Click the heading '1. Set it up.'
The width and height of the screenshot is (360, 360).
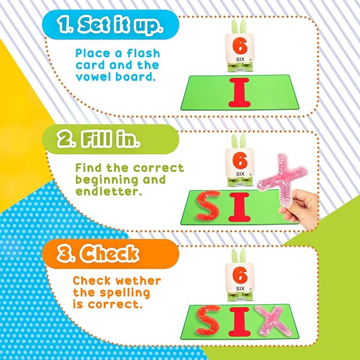[110, 24]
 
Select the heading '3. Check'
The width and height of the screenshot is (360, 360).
[98, 254]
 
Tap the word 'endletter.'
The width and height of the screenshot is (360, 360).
[108, 191]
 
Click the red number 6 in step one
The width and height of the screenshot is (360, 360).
[240, 46]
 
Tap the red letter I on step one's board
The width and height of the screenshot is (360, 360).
[239, 93]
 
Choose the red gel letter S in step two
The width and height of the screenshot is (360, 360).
[207, 205]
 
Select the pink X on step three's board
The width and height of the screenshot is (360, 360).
[273, 321]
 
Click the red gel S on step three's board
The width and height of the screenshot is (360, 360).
[207, 320]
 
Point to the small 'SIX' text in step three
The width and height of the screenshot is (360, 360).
[240, 288]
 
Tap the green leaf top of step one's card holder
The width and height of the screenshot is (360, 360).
[239, 27]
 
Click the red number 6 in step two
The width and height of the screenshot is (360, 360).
[240, 161]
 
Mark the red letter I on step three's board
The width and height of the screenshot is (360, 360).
[239, 322]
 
